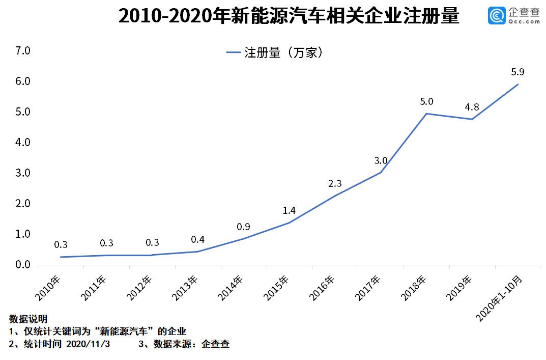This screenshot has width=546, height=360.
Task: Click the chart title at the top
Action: (x=289, y=17)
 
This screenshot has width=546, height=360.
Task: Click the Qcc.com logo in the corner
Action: (x=514, y=16)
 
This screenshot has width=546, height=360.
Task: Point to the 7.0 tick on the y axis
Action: (x=23, y=51)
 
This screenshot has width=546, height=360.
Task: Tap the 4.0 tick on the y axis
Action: (x=23, y=143)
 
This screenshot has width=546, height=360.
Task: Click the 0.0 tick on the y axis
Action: (x=23, y=265)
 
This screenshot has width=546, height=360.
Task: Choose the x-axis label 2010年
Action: (x=48, y=287)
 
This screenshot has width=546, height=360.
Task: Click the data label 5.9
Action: (x=518, y=72)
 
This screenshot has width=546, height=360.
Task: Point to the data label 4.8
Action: (x=472, y=107)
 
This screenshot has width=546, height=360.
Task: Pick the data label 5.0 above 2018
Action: (x=426, y=102)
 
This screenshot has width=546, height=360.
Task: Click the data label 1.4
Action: (x=289, y=211)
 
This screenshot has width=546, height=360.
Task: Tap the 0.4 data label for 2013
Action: (x=197, y=239)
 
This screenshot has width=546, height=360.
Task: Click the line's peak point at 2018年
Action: (x=426, y=114)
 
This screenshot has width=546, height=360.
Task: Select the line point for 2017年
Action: (x=381, y=173)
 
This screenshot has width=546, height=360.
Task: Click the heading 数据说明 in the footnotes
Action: (x=28, y=319)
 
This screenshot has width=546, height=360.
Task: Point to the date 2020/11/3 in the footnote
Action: (x=88, y=344)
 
